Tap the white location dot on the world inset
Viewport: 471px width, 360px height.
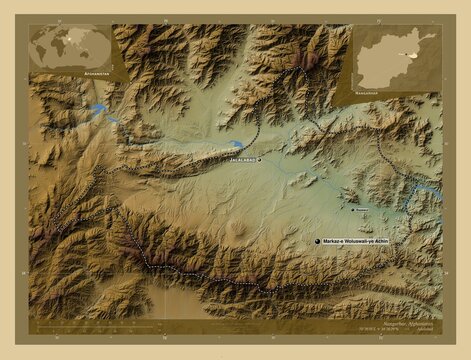click(x=85, y=41)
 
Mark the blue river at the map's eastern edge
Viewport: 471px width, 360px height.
click(x=428, y=188)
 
